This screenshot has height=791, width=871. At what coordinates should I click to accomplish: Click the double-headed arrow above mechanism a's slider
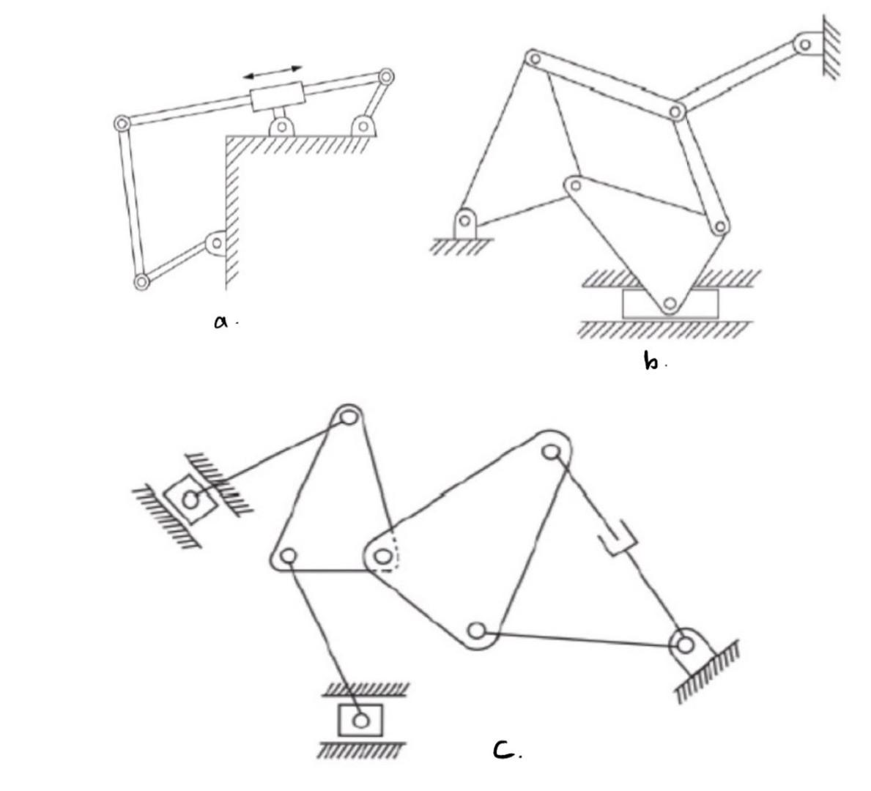coord(273,72)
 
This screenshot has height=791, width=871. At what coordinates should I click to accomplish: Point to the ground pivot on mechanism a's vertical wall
coord(216,242)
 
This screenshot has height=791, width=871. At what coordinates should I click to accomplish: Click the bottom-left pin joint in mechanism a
coord(141,281)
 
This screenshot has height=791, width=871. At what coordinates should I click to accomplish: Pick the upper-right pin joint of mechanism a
coord(386,77)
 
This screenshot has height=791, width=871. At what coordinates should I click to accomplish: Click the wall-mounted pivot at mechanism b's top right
coord(806,44)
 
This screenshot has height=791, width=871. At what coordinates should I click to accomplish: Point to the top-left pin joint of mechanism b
coord(534,58)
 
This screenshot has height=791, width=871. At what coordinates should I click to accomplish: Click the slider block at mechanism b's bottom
coord(670,303)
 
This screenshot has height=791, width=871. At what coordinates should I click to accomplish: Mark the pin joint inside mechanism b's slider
coord(669,302)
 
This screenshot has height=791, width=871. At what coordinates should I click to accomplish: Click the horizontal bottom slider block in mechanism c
coord(360,720)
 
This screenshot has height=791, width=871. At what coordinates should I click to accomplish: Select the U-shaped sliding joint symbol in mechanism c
coord(617,541)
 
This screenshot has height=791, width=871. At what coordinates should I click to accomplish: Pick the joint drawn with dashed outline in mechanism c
coord(382,558)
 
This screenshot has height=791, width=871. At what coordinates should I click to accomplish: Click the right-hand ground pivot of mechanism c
coord(686,645)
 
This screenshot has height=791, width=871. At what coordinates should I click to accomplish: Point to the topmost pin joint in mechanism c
coord(349,417)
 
